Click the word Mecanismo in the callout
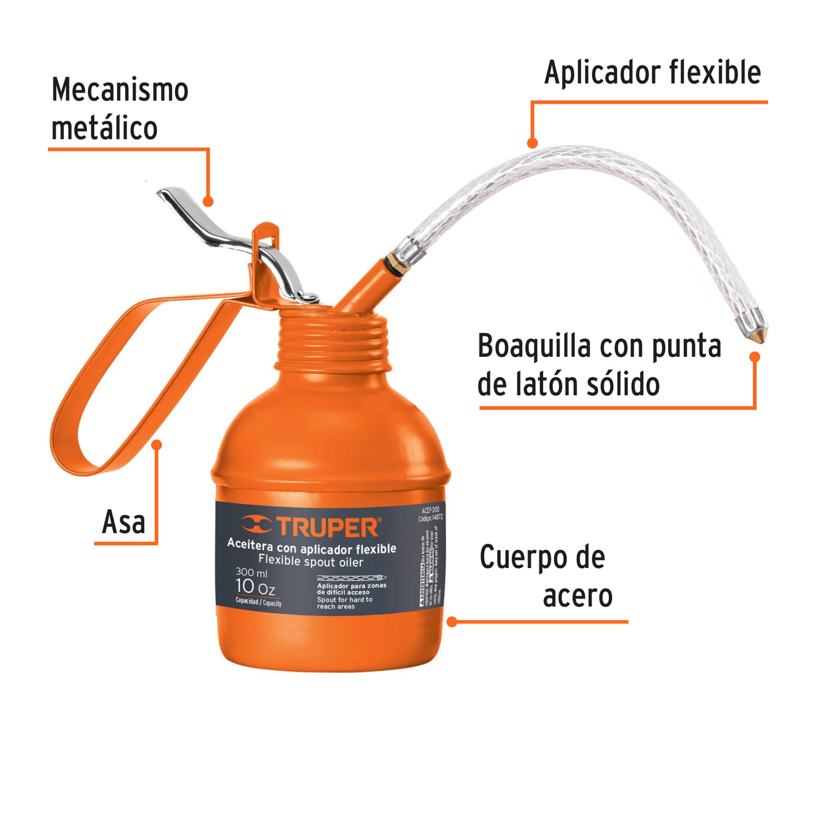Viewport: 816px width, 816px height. [x=120, y=90]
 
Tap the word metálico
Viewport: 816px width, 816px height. [x=104, y=128]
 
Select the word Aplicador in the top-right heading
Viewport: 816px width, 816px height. [x=602, y=73]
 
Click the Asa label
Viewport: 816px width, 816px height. [x=124, y=522]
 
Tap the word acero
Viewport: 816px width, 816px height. [x=578, y=596]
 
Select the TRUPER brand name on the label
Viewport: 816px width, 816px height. [x=328, y=527]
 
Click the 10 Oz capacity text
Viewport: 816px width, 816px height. [x=255, y=587]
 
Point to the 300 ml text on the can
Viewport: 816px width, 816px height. [x=251, y=573]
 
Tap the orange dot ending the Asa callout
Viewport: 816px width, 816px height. [x=157, y=445]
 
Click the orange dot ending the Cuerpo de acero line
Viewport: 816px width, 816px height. [x=452, y=622]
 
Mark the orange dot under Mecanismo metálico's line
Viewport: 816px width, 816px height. [x=208, y=202]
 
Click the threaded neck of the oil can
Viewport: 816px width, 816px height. [x=333, y=342]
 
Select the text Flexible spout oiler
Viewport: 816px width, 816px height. [x=311, y=561]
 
